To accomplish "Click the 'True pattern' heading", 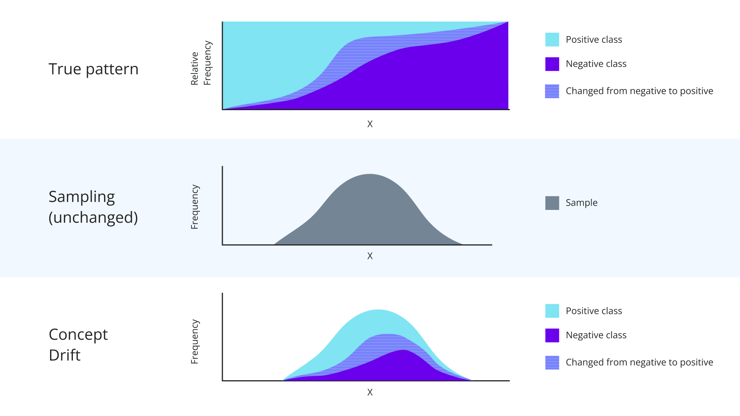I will tap(93, 69).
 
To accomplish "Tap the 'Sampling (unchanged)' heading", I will tap(93, 207).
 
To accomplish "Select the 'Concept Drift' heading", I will tap(78, 344).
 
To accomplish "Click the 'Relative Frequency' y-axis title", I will tap(201, 63).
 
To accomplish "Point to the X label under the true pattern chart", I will tap(370, 124).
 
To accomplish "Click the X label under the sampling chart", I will tap(370, 256).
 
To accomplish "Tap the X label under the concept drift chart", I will tap(370, 393).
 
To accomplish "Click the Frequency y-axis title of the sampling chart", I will tap(195, 207).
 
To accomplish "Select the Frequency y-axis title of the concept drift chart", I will tap(195, 342).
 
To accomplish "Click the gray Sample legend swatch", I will tap(552, 203).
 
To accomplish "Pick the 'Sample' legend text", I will tap(581, 203).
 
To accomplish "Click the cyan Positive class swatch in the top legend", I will tap(552, 40).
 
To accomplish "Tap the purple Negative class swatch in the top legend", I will tap(552, 64).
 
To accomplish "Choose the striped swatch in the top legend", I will tap(552, 91).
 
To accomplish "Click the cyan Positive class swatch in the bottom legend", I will tap(552, 311).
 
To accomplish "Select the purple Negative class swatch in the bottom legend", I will tap(552, 335).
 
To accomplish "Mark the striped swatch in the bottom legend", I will tap(552, 362).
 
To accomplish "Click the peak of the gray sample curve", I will tap(370, 175).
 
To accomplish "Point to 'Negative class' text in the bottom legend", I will tap(596, 335).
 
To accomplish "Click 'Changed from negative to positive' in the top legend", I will tap(639, 91).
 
